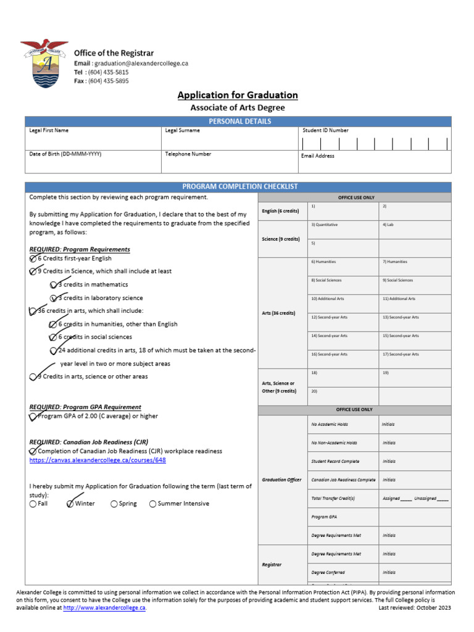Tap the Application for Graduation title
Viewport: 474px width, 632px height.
[x=238, y=95]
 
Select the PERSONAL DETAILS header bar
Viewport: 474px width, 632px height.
[x=238, y=122]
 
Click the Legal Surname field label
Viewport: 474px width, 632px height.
[x=183, y=131]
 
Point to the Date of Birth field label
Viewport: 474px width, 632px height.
[x=65, y=154]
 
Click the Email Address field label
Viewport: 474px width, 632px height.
[x=318, y=156]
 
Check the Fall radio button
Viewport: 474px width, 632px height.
[x=33, y=504]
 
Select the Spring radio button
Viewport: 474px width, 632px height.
[x=114, y=504]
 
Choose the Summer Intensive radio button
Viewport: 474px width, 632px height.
[x=152, y=504]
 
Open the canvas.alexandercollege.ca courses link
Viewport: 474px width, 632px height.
[x=98, y=460]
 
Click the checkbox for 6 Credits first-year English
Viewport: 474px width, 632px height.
[x=33, y=259]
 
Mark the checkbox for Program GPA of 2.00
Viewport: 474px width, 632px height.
[x=33, y=417]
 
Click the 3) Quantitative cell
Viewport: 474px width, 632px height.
[x=343, y=230]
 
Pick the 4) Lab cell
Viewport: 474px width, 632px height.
[x=415, y=230]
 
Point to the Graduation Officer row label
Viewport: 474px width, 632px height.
[x=282, y=480]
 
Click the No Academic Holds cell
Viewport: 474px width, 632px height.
[x=343, y=425]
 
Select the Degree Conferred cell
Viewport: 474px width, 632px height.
[x=343, y=573]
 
